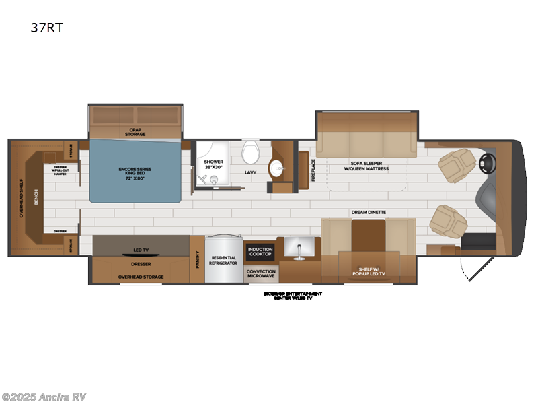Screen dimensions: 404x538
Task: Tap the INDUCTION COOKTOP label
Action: pyautogui.click(x=260, y=252)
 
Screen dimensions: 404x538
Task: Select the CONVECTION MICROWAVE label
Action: pyautogui.click(x=260, y=273)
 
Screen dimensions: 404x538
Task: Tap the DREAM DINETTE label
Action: pyautogui.click(x=368, y=213)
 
